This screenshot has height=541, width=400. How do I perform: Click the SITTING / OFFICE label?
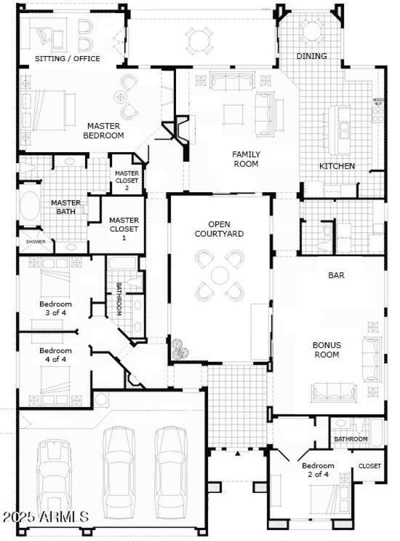click(67, 59)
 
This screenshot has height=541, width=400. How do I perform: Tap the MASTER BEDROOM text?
click(103, 131)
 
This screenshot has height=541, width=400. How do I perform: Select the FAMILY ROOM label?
click(245, 159)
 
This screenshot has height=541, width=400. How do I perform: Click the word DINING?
click(311, 56)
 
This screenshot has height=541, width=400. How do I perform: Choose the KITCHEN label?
click(337, 166)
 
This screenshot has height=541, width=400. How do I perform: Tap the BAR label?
click(336, 275)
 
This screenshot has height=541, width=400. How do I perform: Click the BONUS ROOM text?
click(327, 350)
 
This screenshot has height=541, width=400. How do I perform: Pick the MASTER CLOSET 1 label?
click(124, 229)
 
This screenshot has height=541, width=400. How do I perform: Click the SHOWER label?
click(35, 242)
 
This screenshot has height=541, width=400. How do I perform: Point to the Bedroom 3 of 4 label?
click(55, 308)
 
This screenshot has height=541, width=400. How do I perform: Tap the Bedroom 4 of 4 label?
click(55, 355)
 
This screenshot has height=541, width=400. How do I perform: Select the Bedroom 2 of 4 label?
click(318, 470)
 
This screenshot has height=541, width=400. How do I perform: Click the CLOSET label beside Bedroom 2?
click(369, 466)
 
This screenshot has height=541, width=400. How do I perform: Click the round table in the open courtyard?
click(220, 275)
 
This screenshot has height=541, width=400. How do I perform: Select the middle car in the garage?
click(118, 468)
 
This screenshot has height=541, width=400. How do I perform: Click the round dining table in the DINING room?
click(310, 31)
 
